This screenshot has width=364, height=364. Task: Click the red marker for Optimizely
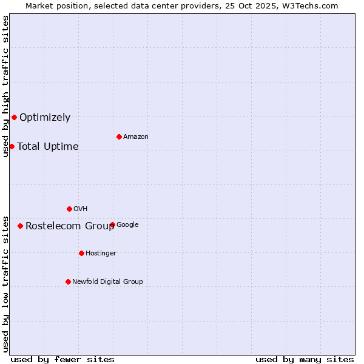point(14,117)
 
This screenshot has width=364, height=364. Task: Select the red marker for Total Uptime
point(12,146)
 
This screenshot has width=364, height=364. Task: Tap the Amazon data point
point(119,136)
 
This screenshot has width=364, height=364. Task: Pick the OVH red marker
point(69,209)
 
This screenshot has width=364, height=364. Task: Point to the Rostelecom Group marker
point(20,226)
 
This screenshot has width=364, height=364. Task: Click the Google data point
point(113,224)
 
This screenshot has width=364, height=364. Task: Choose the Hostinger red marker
point(81,253)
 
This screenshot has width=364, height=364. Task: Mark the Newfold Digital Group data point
point(68,281)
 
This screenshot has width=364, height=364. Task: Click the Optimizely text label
point(45,118)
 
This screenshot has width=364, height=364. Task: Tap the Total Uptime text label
point(48,146)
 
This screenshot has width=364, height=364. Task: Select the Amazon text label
point(136,136)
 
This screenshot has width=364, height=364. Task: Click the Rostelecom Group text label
point(70,226)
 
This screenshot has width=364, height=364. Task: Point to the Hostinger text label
point(101,253)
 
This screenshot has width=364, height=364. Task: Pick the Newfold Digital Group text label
point(107,281)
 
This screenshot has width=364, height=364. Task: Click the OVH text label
point(81,209)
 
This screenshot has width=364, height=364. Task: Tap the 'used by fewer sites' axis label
point(62,359)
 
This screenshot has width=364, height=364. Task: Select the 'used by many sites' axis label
point(305,359)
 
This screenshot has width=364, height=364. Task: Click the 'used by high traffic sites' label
point(5,86)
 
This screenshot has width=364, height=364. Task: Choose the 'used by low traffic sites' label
point(5,283)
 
